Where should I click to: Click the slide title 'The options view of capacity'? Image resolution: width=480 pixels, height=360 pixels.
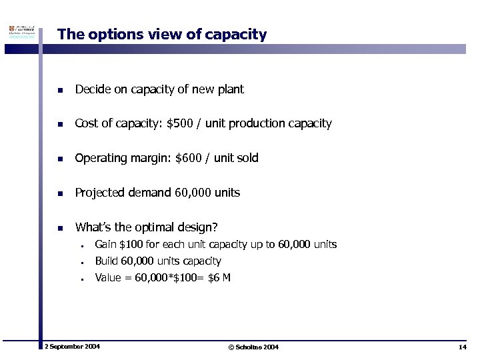coord(162,35)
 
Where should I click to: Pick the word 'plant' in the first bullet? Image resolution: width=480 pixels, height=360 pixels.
coord(231,89)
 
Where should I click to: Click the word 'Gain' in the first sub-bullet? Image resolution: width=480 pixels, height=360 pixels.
coord(105,245)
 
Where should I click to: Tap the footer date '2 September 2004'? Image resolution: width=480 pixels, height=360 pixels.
coord(72,347)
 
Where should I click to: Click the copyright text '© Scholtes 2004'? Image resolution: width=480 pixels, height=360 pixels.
coord(253,347)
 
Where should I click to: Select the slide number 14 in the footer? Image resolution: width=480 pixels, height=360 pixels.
coord(462,347)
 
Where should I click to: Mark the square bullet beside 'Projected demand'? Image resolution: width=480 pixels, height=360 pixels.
coord(60,193)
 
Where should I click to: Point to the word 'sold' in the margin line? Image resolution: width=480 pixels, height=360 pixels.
coord(248,158)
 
